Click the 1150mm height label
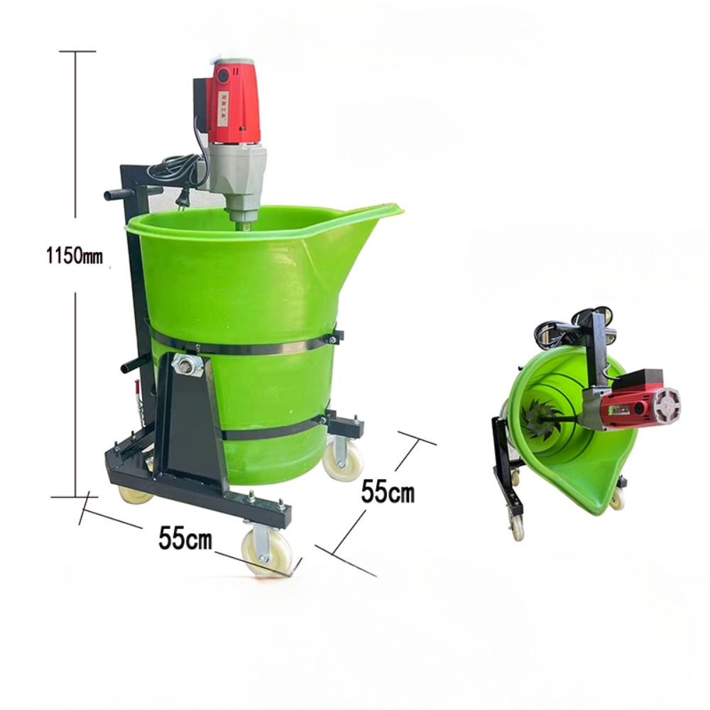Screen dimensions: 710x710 click(x=75, y=256)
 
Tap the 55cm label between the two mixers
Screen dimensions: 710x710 click(x=388, y=491)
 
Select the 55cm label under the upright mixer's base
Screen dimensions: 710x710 click(x=185, y=538)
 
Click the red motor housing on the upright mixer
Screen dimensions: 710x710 click(x=236, y=101)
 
